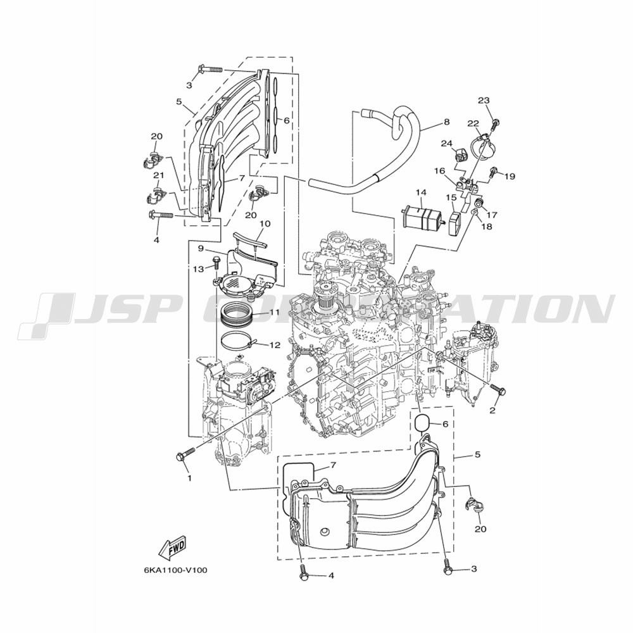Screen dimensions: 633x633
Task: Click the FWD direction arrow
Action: pyautogui.click(x=172, y=548)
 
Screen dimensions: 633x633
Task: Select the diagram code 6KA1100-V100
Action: pyautogui.click(x=175, y=570)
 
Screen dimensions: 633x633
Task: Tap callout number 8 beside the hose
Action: pyautogui.click(x=446, y=122)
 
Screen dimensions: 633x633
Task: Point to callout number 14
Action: pyautogui.click(x=421, y=193)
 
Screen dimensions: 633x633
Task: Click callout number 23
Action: pyautogui.click(x=484, y=101)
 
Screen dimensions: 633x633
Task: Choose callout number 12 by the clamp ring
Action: pyautogui.click(x=275, y=345)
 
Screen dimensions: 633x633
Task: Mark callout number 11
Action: pyautogui.click(x=275, y=312)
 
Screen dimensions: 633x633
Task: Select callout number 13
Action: pyautogui.click(x=198, y=269)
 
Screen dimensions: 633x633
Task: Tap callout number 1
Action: pyautogui.click(x=189, y=479)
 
